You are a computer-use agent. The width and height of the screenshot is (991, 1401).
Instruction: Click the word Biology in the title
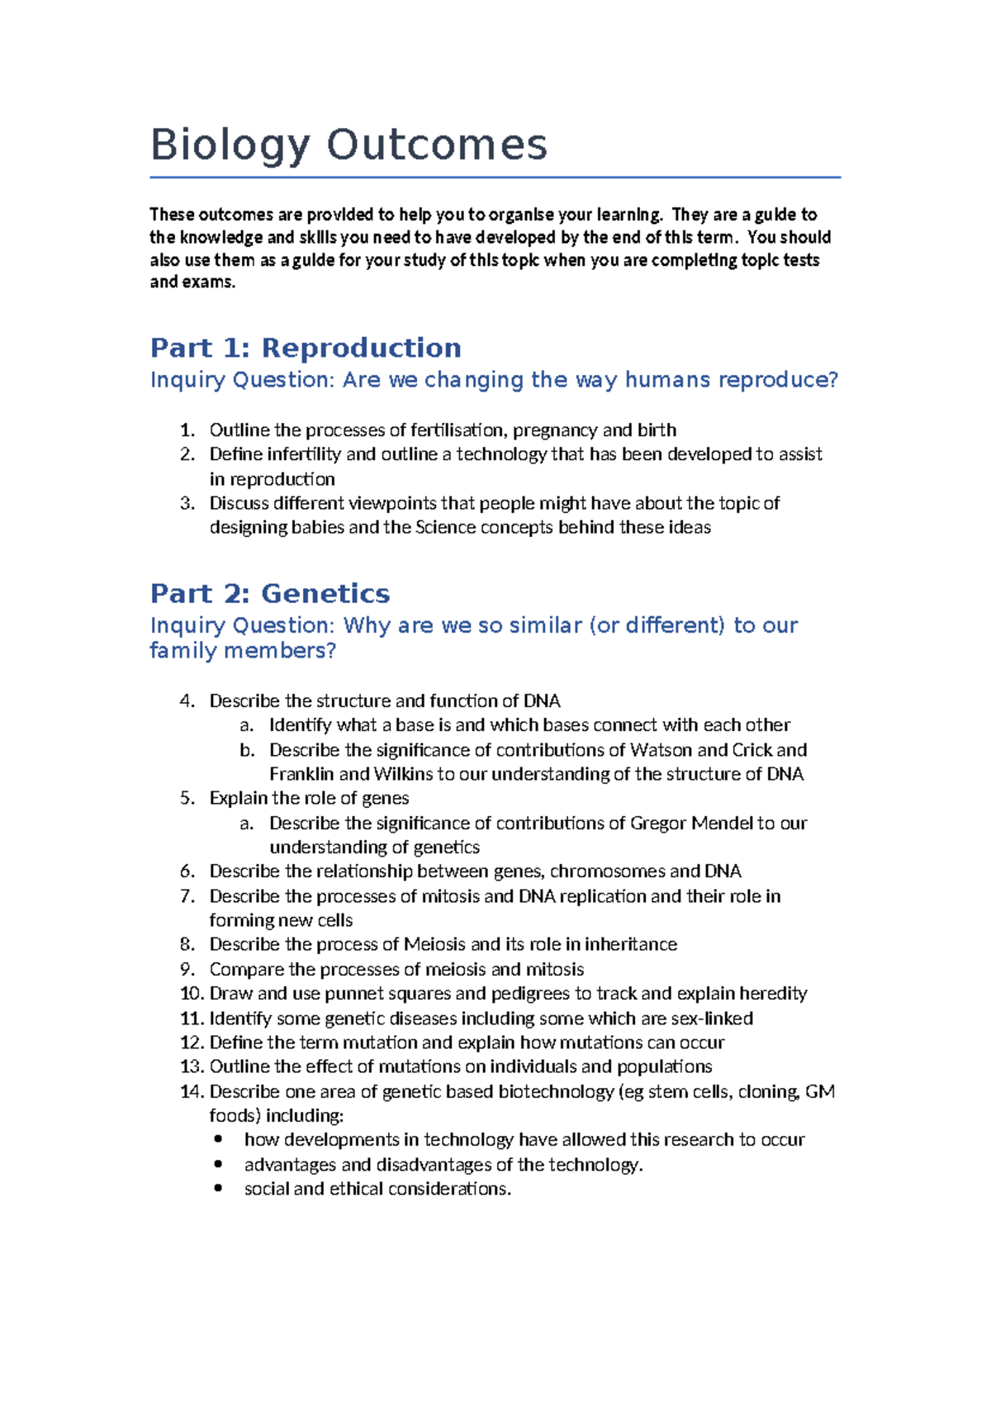coord(229,145)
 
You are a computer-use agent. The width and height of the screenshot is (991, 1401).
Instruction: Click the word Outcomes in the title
coord(437,145)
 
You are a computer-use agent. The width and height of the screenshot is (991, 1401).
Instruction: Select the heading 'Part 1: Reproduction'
coord(306,348)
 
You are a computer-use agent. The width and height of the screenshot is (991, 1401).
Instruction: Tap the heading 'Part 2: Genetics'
coord(269,593)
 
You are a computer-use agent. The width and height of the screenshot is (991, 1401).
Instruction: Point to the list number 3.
coord(187,503)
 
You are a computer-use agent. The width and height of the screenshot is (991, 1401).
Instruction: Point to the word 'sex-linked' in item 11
coord(712,1019)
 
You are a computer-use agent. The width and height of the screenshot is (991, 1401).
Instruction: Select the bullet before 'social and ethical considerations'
coord(218,1189)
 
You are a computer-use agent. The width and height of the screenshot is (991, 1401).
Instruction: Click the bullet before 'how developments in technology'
coord(218,1140)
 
